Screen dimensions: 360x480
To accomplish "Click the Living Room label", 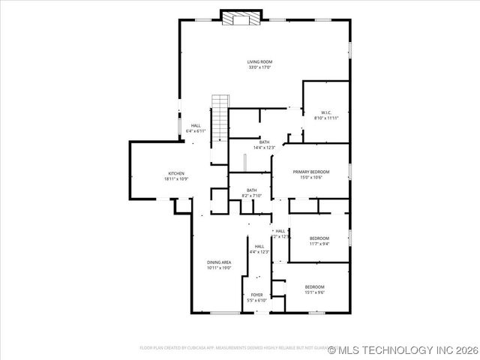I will pos(259,61).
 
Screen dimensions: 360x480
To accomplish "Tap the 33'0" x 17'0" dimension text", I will pos(259,67).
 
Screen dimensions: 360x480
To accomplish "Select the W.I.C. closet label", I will pos(326,112).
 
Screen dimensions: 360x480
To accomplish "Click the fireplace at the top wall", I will pos(241,17).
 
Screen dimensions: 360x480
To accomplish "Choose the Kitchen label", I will pos(176,173).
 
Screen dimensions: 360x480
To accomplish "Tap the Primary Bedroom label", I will pos(310,172).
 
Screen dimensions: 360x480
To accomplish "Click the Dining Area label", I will pos(219,262).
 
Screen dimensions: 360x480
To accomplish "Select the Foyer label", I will pos(256,295).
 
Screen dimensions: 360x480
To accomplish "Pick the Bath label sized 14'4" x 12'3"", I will pos(264,142).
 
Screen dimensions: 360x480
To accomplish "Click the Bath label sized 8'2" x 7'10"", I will pos(251,190).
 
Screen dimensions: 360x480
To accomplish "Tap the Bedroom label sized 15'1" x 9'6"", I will pos(315,287).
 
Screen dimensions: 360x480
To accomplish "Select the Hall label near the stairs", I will pos(196,126).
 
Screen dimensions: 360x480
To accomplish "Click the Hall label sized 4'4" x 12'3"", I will pos(259,246).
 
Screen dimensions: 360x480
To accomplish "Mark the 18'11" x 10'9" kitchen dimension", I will pos(176,179).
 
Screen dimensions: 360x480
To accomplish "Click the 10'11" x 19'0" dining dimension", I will pos(219,268).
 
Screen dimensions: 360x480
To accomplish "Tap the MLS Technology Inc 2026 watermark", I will pos(403,349).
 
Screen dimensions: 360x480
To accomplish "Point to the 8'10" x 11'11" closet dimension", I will pos(326,118).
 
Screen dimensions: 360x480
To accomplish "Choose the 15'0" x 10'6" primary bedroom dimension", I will pos(310,178).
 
